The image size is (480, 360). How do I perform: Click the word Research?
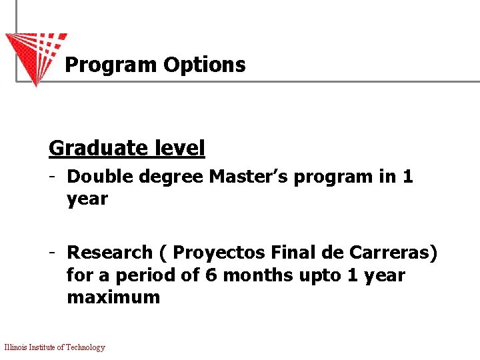click(x=110, y=253)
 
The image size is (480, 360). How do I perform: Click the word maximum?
click(x=113, y=297)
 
